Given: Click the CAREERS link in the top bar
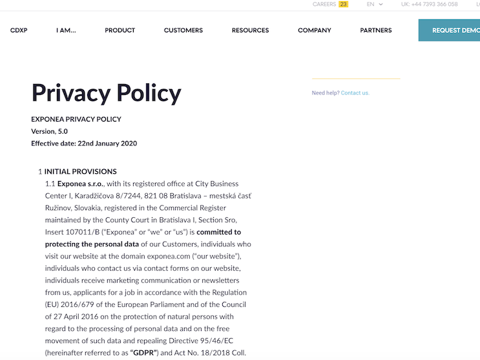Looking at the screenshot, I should point(324,5).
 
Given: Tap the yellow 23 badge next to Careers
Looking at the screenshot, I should point(344,5).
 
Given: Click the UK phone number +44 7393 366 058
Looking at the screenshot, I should point(429,5).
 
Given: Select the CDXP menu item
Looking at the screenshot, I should point(19,30).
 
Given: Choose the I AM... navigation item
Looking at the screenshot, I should point(66,30).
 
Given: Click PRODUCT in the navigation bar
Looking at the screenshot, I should point(120,30).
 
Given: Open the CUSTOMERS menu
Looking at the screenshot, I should point(183,30).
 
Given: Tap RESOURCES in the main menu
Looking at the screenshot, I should point(250,30).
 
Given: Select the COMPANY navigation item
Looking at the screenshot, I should point(315,30).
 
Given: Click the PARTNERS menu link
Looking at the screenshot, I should point(376,30).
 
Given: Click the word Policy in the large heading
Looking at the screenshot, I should point(144,94).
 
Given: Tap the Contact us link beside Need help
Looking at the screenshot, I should point(355,93).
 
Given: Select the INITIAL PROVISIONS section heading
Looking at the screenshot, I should point(81,172).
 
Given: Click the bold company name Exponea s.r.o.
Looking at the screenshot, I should point(81,184).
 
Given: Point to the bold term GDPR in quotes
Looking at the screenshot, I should point(145,353).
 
